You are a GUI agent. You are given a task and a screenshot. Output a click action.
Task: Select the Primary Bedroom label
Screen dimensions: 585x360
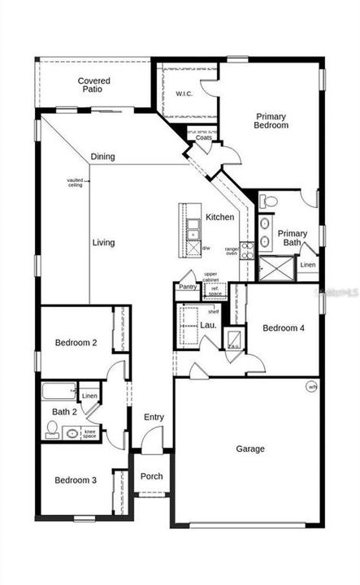tap(271, 121)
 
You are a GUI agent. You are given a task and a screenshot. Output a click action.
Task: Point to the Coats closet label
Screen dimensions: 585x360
tap(204, 138)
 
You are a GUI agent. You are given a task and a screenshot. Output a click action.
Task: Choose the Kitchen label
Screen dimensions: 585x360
tap(219, 217)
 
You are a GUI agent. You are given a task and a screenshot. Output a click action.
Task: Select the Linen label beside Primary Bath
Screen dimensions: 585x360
tap(308, 266)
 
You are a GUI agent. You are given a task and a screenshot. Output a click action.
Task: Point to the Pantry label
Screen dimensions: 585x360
tap(188, 286)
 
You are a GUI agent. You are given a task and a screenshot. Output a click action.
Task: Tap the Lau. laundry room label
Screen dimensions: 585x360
tap(208, 325)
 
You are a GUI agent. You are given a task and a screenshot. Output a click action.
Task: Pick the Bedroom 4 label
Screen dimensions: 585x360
tap(284, 328)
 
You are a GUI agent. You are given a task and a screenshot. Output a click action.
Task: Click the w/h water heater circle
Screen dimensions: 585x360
tap(312, 387)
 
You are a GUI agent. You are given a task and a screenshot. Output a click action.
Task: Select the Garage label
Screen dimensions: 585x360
tap(250, 448)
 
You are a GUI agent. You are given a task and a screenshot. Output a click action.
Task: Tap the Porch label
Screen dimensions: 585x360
tap(152, 476)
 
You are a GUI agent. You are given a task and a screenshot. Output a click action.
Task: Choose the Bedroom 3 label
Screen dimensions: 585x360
tap(76, 480)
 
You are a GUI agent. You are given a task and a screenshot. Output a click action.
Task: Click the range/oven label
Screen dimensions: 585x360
tap(232, 251)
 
